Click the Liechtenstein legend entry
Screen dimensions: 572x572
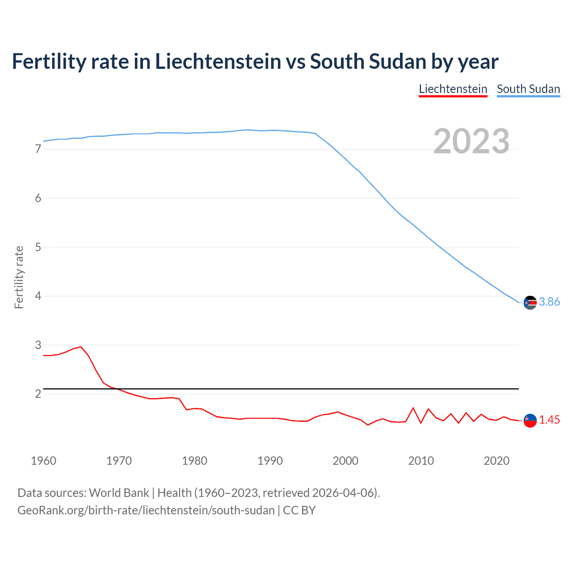click(453, 89)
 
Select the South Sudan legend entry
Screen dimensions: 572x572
click(528, 89)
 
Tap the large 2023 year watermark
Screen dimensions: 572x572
click(471, 141)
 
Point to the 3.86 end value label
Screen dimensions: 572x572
click(549, 302)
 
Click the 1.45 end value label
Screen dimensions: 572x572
click(549, 420)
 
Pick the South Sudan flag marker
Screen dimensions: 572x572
click(530, 303)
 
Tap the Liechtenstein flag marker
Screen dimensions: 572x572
click(530, 421)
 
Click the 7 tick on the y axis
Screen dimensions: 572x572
click(38, 149)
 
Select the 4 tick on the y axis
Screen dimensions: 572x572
click(38, 296)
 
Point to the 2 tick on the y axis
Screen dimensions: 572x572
click(38, 394)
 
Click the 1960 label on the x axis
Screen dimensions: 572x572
click(43, 461)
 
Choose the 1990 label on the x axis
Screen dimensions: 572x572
click(270, 461)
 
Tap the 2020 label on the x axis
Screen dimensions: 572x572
click(496, 461)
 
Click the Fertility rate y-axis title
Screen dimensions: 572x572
click(19, 277)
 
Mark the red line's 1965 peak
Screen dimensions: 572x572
click(81, 347)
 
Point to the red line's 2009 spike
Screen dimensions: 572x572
click(413, 408)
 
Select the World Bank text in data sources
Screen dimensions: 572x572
click(119, 493)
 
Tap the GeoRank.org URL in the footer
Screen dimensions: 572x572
click(146, 510)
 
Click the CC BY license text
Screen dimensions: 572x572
click(299, 510)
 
